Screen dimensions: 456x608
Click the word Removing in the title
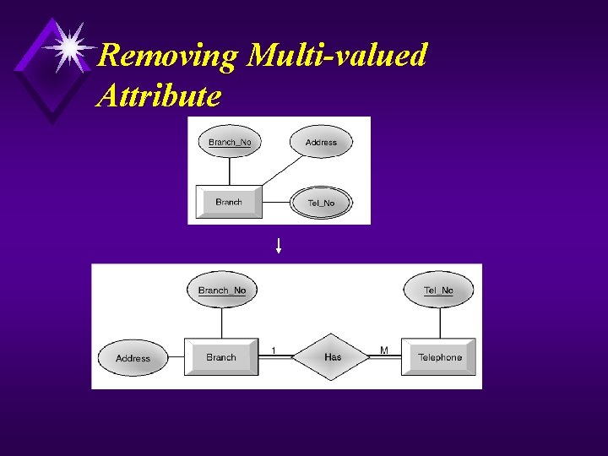168,57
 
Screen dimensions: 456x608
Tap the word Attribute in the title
159,95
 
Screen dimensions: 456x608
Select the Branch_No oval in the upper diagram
230,142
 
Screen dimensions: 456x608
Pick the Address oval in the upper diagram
321,142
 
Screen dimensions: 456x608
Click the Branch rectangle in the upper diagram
229,203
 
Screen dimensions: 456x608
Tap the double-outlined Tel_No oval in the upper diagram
321,203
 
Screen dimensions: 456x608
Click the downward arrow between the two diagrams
279,246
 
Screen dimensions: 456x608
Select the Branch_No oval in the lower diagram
222,290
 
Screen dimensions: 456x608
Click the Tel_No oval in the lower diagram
438,290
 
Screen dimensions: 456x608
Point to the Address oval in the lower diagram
133,358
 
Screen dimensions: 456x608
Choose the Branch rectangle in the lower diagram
221,357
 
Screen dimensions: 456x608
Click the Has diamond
333,357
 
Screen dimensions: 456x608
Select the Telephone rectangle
439,357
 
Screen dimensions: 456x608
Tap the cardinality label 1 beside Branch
274,350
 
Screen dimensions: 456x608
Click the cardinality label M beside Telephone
384,350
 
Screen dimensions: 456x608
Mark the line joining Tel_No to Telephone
439,323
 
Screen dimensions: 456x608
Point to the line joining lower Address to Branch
176,358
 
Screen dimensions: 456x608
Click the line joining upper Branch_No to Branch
230,171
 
